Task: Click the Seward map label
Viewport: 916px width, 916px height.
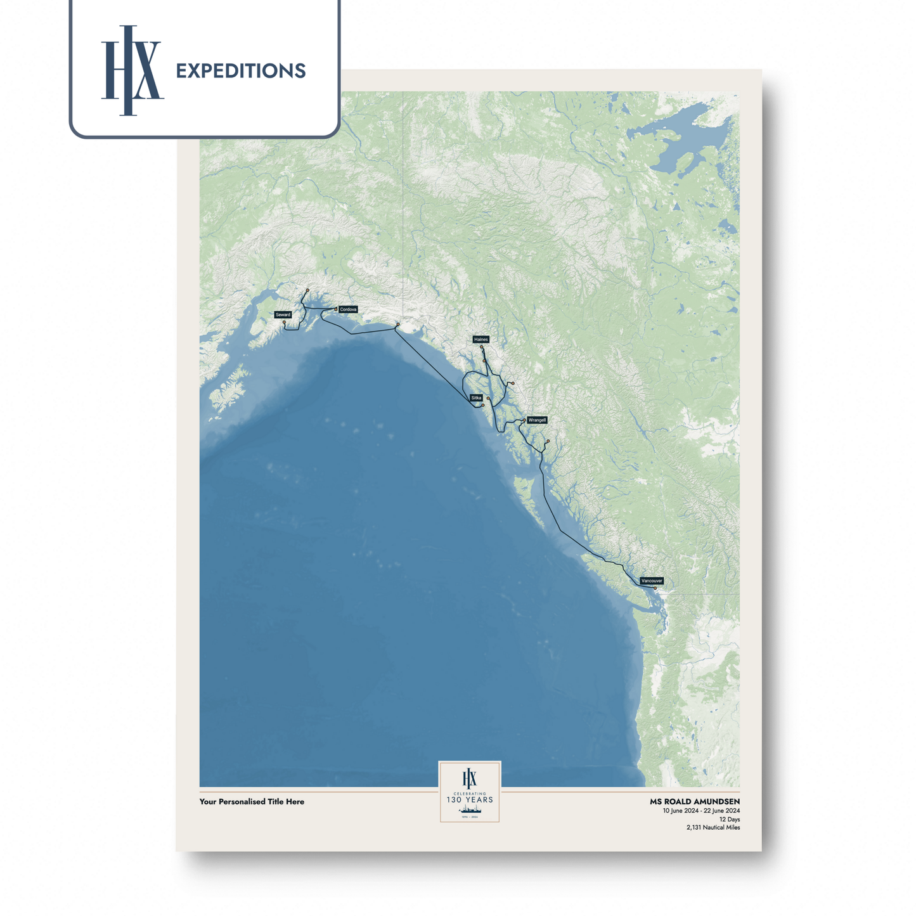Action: point(283,314)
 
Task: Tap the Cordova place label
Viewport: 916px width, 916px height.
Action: point(348,309)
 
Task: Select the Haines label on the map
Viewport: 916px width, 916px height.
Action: point(481,340)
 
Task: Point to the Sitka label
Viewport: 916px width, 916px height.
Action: point(476,398)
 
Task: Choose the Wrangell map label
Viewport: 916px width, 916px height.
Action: point(537,420)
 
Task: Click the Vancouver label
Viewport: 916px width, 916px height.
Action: point(652,581)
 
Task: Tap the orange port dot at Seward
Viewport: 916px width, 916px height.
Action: point(284,323)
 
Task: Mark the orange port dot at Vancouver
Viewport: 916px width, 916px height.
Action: point(655,588)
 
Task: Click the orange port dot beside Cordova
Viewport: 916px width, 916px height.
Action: point(337,309)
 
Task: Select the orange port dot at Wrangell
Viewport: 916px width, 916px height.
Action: point(524,420)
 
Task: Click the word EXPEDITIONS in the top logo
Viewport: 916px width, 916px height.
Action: point(241,71)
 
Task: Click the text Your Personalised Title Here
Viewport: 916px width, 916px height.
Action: point(252,802)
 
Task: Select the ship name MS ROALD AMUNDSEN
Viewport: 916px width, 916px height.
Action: point(695,802)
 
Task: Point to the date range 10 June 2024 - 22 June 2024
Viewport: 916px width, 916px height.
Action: point(701,811)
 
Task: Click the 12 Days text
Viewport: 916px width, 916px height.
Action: point(730,820)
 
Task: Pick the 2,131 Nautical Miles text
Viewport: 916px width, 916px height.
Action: point(713,828)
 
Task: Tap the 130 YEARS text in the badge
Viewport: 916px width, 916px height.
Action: point(470,800)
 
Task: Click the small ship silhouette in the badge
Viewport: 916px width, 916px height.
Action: point(470,810)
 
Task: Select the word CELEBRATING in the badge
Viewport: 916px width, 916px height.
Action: point(470,793)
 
